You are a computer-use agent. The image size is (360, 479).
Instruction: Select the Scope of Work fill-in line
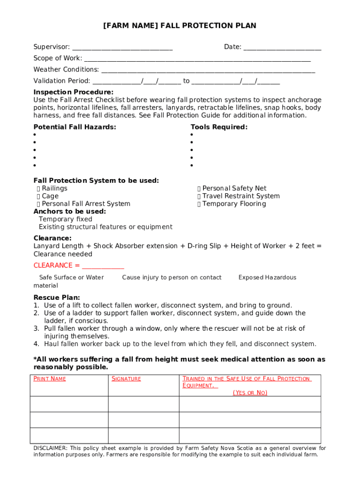click(x=197, y=59)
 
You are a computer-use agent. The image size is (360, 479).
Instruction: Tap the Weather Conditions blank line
click(x=208, y=70)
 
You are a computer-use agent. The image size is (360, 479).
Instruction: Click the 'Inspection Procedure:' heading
click(x=73, y=92)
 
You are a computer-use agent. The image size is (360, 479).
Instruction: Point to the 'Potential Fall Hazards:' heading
click(x=75, y=127)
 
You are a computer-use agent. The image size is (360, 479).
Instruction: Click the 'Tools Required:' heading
click(x=219, y=127)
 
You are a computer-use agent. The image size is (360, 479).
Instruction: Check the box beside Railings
click(x=38, y=189)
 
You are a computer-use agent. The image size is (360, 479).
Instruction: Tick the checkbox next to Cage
click(x=38, y=196)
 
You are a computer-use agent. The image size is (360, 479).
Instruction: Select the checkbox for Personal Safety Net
click(x=199, y=189)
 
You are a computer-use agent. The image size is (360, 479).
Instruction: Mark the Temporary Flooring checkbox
click(x=199, y=204)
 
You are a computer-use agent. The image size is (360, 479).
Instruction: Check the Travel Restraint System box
click(x=199, y=196)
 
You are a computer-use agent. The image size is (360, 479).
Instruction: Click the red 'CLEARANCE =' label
click(x=53, y=266)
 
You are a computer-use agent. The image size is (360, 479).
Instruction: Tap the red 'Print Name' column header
click(x=50, y=379)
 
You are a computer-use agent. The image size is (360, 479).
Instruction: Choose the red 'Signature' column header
click(x=126, y=379)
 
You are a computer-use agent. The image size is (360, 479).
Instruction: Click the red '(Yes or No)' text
click(x=250, y=393)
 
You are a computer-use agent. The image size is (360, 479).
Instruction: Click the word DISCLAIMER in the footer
click(x=50, y=448)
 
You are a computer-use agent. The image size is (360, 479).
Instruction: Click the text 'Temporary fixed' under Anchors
click(x=65, y=219)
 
